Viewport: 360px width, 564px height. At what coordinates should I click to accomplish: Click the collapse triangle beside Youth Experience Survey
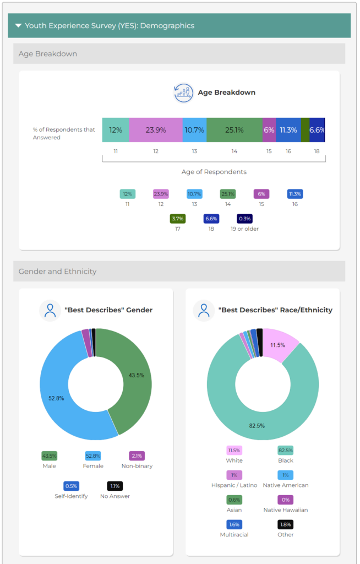click(x=19, y=25)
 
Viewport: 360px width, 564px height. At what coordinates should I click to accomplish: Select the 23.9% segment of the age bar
click(x=156, y=130)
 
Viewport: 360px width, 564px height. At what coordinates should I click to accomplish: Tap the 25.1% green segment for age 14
click(x=234, y=130)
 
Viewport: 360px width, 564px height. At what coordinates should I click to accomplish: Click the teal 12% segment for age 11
click(x=116, y=130)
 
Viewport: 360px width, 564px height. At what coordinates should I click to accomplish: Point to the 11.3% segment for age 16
click(x=288, y=130)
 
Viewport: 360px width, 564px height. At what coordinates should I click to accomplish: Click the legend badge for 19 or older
click(x=244, y=219)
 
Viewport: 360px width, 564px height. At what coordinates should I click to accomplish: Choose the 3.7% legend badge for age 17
click(x=178, y=219)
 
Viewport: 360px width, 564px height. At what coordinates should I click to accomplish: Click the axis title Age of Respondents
click(x=214, y=172)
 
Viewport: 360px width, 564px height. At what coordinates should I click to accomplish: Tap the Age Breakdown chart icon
click(x=183, y=93)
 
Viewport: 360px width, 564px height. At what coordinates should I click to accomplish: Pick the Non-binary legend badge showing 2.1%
click(x=137, y=456)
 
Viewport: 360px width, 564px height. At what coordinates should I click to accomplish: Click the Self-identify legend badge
click(x=71, y=486)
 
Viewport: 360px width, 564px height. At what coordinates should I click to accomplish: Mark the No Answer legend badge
click(x=114, y=486)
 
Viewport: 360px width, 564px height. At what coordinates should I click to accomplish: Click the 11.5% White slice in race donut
click(x=278, y=345)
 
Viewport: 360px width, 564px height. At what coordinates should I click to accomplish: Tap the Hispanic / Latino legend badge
click(x=234, y=475)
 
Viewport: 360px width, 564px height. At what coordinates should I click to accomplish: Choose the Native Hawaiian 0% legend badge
click(x=285, y=500)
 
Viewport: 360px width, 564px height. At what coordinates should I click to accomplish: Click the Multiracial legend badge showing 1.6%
click(x=234, y=524)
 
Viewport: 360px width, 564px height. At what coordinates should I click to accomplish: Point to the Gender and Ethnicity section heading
click(x=58, y=272)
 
